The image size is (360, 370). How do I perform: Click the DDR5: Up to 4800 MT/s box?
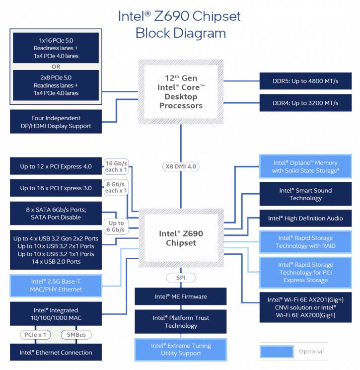[305, 81]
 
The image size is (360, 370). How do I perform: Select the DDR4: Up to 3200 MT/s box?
[305, 103]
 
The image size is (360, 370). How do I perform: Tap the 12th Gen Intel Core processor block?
[181, 92]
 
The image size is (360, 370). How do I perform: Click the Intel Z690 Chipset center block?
[181, 238]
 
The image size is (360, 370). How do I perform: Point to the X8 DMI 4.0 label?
[181, 166]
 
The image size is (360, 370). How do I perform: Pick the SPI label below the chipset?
[181, 278]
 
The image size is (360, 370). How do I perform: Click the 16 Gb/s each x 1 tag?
[116, 166]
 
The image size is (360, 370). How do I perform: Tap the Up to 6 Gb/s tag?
[116, 226]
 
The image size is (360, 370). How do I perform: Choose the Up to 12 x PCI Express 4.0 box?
[56, 166]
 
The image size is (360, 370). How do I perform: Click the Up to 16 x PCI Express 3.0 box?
[56, 188]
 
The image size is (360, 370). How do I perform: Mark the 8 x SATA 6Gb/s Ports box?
[56, 213]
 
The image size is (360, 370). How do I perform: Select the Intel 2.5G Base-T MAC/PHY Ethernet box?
[56, 286]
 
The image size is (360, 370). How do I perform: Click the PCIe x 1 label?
[35, 335]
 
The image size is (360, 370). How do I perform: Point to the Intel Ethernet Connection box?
[56, 353]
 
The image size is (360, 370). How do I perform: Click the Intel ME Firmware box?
[181, 296]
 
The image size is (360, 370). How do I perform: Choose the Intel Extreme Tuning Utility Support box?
[181, 349]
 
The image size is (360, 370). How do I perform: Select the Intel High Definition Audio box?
[305, 218]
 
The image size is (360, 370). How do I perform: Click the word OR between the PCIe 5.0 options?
[56, 66]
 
